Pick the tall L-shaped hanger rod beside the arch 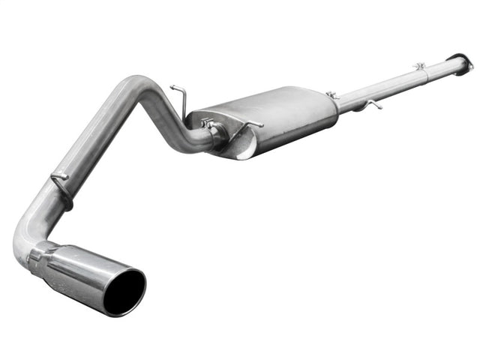pos(178,95)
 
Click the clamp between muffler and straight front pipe pos(333,96)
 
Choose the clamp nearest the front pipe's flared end pos(420,67)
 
